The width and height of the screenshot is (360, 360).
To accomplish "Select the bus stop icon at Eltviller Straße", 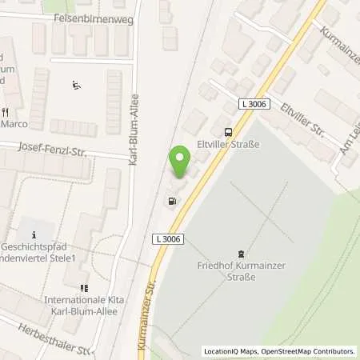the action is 229,132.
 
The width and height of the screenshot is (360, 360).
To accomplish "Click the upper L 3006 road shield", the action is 253,104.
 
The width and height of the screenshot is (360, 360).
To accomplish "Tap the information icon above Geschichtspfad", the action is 34,234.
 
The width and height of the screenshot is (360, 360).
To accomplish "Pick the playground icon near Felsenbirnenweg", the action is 76,86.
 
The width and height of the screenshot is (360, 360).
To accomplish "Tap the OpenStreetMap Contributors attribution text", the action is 309,351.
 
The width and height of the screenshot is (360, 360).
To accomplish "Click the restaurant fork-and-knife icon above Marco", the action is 5,112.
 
